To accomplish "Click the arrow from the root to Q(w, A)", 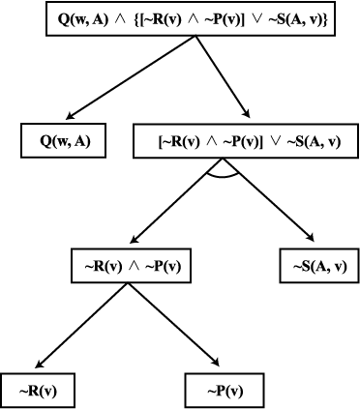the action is pos(131,77).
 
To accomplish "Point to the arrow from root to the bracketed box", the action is pos(223,76).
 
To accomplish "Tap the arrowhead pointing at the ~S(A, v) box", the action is pos(311,238).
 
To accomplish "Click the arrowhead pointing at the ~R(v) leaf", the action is pos(39,364).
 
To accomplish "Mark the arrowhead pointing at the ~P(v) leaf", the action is pos(216,363).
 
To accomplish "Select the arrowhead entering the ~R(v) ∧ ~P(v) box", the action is pos(134,239).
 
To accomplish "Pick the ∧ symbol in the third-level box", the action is pos(134,267).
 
